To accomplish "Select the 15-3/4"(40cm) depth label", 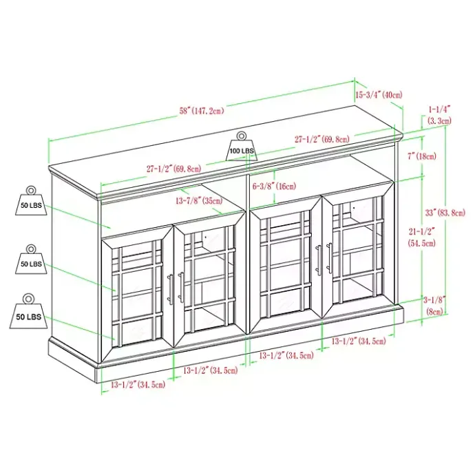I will point(379,94).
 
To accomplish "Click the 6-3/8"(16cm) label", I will point(274,186).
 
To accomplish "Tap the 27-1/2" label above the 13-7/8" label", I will point(173,168).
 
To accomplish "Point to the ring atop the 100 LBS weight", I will point(242,136).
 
